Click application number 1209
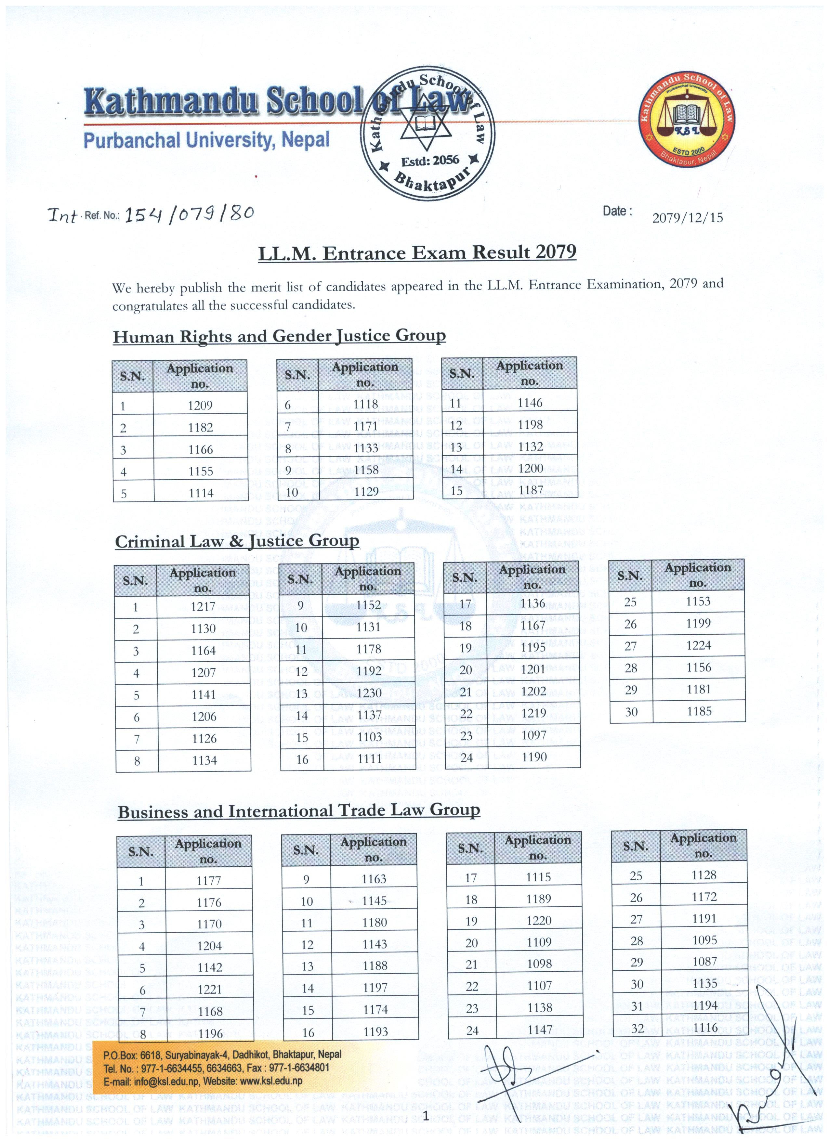click(200, 405)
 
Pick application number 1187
click(530, 490)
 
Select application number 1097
click(533, 735)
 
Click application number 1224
click(698, 645)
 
